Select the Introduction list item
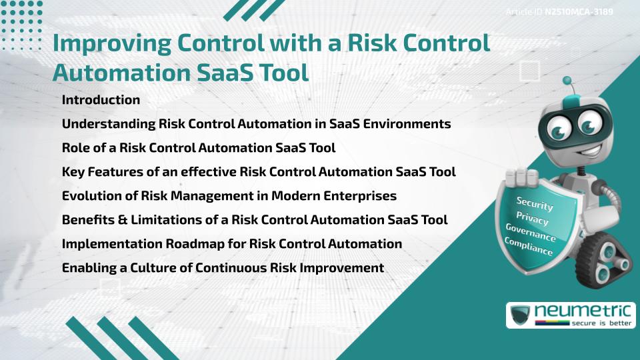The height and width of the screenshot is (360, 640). tap(101, 100)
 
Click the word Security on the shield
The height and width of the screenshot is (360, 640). tap(535, 203)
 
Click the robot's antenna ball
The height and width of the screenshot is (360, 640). tap(568, 81)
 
